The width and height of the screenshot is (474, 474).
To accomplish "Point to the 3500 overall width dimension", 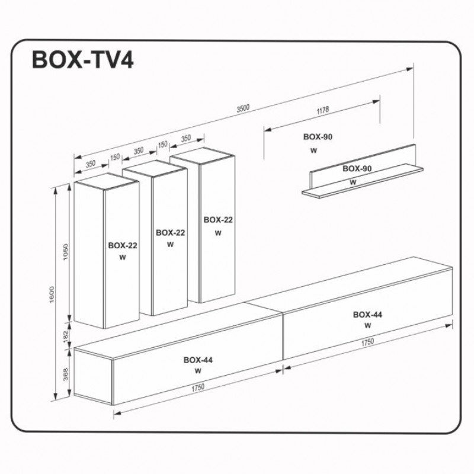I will (x=243, y=108).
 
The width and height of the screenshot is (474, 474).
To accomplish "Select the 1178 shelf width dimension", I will (x=322, y=110).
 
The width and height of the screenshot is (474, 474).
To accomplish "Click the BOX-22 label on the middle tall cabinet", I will (x=170, y=233).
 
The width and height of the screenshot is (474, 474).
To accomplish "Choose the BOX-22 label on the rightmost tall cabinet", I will (x=218, y=219).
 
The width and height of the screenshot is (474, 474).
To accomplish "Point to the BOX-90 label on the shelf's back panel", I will (x=357, y=169).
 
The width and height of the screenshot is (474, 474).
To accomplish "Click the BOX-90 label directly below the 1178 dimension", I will (x=318, y=136).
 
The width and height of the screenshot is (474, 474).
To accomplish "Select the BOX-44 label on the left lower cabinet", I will (x=198, y=359).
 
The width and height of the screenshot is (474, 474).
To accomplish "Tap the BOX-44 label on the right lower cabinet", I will (x=367, y=314).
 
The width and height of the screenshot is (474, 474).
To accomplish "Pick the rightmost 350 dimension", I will (x=185, y=139).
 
